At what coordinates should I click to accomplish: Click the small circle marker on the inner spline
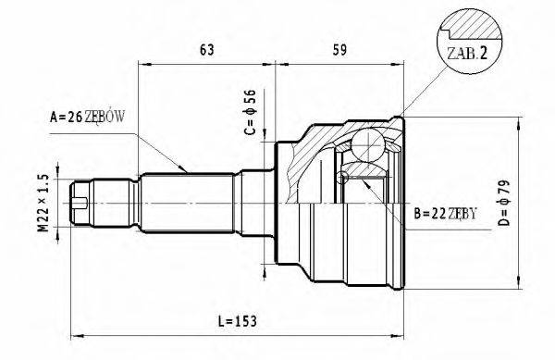343,178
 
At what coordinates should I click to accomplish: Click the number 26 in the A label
71,117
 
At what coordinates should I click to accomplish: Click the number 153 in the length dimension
244,320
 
